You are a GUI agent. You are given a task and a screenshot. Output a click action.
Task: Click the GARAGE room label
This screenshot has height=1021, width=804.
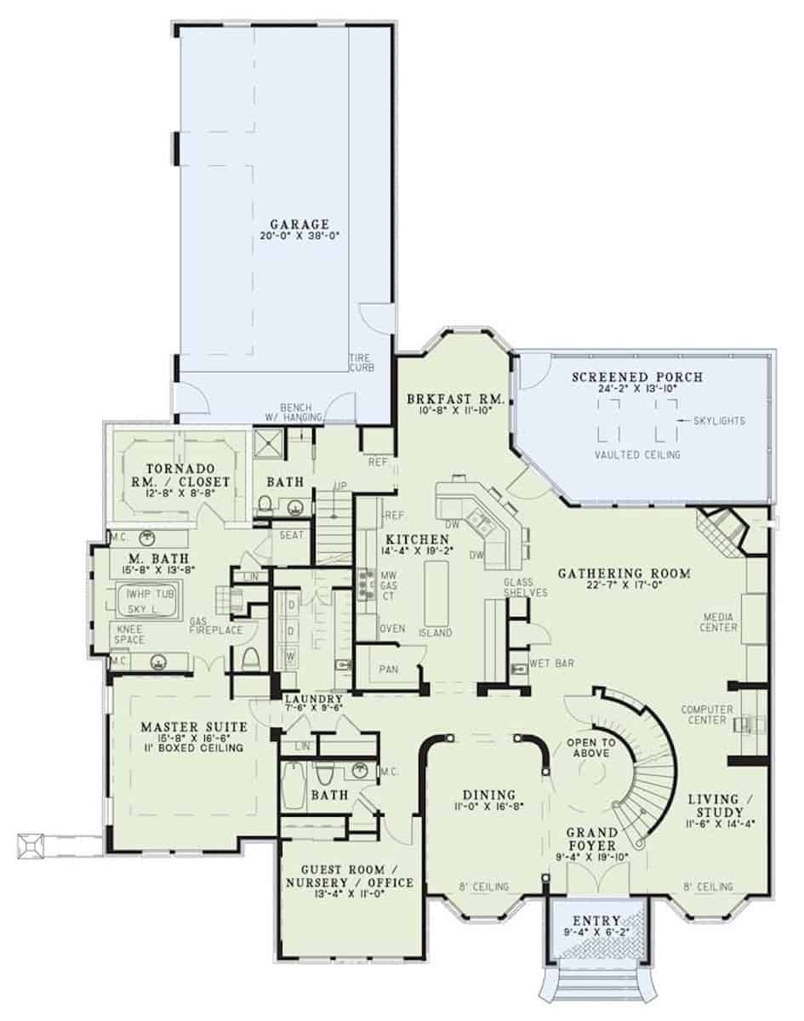click(x=283, y=224)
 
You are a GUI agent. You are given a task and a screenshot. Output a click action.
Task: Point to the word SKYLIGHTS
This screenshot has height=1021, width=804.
click(x=719, y=420)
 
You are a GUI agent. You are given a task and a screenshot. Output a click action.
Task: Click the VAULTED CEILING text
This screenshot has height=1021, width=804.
click(x=637, y=455)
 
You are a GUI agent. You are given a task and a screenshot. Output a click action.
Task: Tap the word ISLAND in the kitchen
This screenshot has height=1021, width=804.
click(x=436, y=633)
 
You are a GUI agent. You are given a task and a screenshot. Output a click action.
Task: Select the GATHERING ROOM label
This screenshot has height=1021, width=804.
click(x=624, y=573)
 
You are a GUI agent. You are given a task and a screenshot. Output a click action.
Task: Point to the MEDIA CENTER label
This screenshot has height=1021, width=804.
click(x=720, y=621)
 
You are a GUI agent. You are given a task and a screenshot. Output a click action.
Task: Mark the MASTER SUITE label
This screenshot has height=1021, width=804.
click(x=194, y=727)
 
